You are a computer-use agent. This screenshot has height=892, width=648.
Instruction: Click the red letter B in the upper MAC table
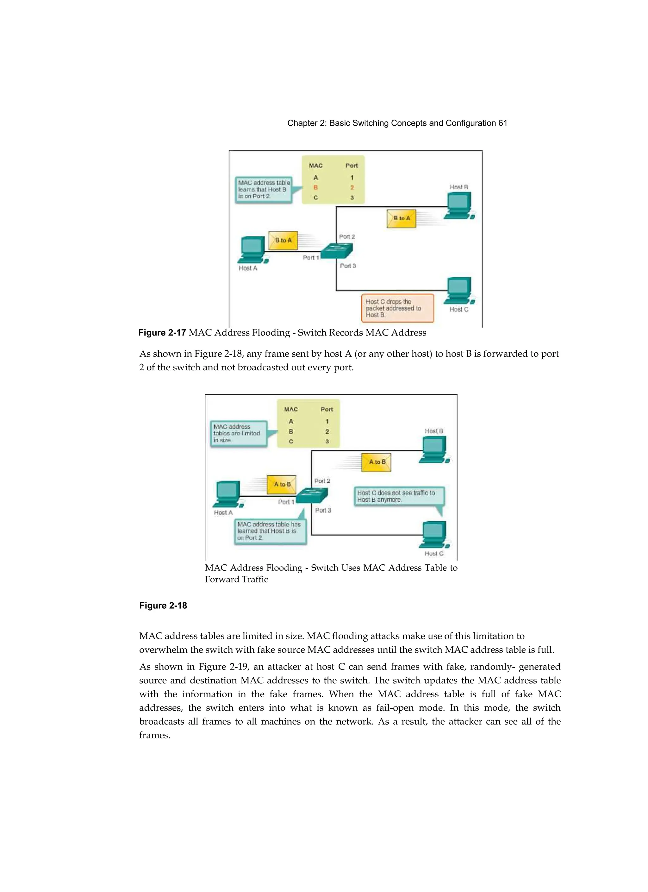(x=315, y=188)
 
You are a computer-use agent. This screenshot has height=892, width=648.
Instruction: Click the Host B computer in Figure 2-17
(x=459, y=206)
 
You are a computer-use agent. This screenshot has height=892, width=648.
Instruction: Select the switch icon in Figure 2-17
(x=336, y=250)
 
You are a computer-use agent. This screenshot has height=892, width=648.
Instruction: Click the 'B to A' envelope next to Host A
(x=283, y=240)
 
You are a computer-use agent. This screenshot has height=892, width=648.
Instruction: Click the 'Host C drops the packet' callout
(x=397, y=308)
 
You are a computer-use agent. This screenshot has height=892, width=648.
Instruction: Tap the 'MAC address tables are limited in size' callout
(x=238, y=433)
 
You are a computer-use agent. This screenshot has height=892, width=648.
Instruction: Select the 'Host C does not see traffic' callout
(x=399, y=496)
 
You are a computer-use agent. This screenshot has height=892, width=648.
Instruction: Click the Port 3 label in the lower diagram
(x=323, y=511)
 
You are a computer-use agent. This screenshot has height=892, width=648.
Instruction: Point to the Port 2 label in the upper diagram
(x=347, y=237)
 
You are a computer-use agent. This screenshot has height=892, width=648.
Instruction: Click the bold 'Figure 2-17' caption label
(x=162, y=333)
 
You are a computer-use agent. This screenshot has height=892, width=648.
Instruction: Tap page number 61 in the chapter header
(x=502, y=123)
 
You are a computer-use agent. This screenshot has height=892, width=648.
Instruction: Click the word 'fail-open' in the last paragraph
(x=395, y=708)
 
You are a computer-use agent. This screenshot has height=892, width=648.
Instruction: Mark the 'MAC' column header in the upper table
(x=315, y=166)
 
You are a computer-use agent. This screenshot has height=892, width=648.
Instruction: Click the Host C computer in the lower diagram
(x=434, y=535)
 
